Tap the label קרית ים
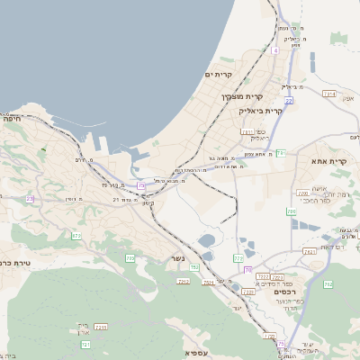pyautogui.click(x=219, y=75)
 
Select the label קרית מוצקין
pyautogui.click(x=244, y=96)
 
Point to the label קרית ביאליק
pyautogui.click(x=260, y=111)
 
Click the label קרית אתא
pyautogui.click(x=328, y=160)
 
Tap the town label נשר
pyautogui.click(x=177, y=260)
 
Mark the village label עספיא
pyautogui.click(x=195, y=354)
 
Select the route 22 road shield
pyautogui.click(x=141, y=185)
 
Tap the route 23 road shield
pyautogui.click(x=30, y=199)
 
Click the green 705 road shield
pyautogui.click(x=130, y=258)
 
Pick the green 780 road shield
pyautogui.click(x=292, y=211)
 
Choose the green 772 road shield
pyautogui.click(x=238, y=258)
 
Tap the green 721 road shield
pyautogui.click(x=85, y=345)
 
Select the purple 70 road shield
pyautogui.click(x=247, y=269)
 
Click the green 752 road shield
pyautogui.click(x=194, y=267)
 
